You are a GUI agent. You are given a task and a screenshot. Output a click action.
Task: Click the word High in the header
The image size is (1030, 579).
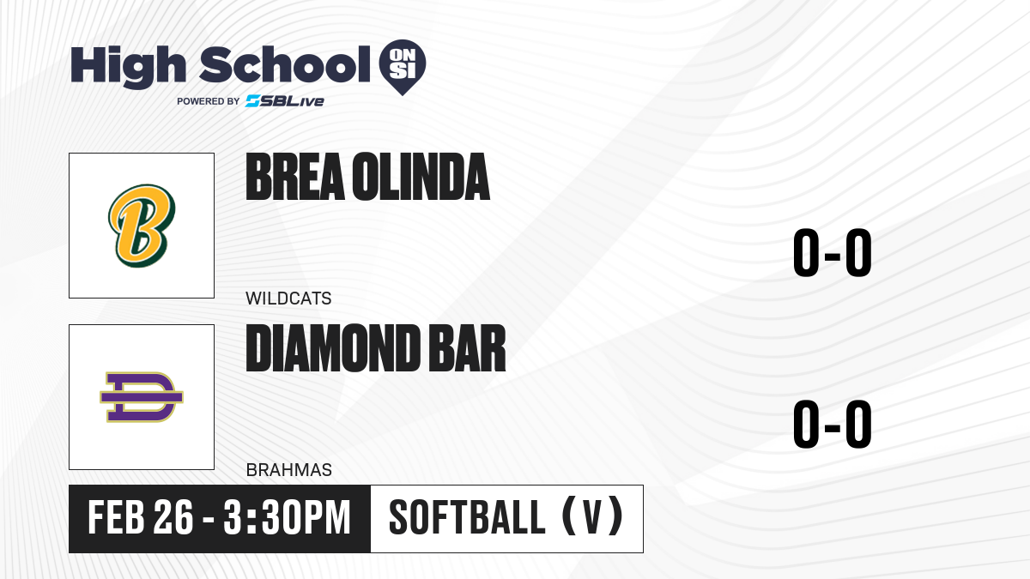click(128, 66)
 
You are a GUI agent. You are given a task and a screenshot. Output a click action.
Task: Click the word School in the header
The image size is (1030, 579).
click(285, 64)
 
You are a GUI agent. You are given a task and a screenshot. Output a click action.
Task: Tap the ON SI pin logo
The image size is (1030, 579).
click(403, 67)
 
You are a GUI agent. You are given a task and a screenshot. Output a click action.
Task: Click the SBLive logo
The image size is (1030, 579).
click(285, 101)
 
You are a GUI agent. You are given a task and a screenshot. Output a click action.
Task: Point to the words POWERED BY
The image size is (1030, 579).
click(209, 101)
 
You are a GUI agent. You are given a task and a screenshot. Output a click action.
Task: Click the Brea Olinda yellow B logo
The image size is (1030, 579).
click(142, 226)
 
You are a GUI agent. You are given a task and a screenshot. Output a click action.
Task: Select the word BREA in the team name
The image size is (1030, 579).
click(295, 177)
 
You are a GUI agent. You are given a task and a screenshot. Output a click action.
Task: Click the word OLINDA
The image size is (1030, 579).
click(421, 177)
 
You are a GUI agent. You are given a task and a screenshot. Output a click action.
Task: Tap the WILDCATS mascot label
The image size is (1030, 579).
click(288, 299)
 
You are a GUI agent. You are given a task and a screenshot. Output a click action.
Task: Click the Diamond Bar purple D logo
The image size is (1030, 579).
click(142, 397)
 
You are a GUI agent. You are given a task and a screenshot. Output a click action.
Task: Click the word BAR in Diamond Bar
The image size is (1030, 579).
click(467, 348)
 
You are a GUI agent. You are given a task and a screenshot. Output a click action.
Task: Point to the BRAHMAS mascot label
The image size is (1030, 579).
click(288, 470)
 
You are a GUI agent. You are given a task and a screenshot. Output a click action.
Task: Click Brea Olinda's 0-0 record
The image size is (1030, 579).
click(833, 252)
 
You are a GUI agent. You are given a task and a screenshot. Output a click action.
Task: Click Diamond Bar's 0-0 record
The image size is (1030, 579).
click(833, 424)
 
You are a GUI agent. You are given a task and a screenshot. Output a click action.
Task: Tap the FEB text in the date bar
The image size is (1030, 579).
click(117, 517)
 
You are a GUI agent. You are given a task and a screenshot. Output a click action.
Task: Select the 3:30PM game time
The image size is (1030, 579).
click(287, 517)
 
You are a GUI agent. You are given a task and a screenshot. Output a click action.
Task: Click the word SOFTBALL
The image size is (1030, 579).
click(467, 517)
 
